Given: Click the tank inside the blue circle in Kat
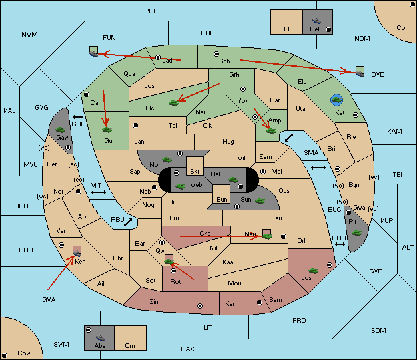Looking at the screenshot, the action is [336, 100].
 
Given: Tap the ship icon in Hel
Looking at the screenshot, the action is [316, 20].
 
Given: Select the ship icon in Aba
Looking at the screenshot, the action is [101, 338].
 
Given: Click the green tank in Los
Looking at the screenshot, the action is [314, 271].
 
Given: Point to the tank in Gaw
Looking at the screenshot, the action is [61, 130].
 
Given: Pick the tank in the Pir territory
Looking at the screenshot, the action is [356, 233].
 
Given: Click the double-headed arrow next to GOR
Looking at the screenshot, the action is [78, 117].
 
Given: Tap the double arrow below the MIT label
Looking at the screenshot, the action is [99, 192].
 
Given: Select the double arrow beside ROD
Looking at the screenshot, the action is [340, 244].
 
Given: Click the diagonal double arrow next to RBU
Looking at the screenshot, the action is [128, 222].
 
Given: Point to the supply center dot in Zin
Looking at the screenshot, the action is [200, 306].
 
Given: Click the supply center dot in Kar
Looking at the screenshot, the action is [260, 303].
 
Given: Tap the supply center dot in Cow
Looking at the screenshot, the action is [5, 355].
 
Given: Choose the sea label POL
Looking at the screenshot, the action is [151, 11].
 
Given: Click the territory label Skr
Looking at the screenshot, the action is [195, 172].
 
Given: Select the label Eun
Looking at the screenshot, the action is [222, 199].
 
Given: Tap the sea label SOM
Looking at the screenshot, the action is [378, 330].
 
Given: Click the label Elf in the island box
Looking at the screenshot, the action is [288, 29].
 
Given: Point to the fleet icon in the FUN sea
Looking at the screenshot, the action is [94, 51].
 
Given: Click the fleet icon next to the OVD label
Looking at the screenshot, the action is [360, 71].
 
